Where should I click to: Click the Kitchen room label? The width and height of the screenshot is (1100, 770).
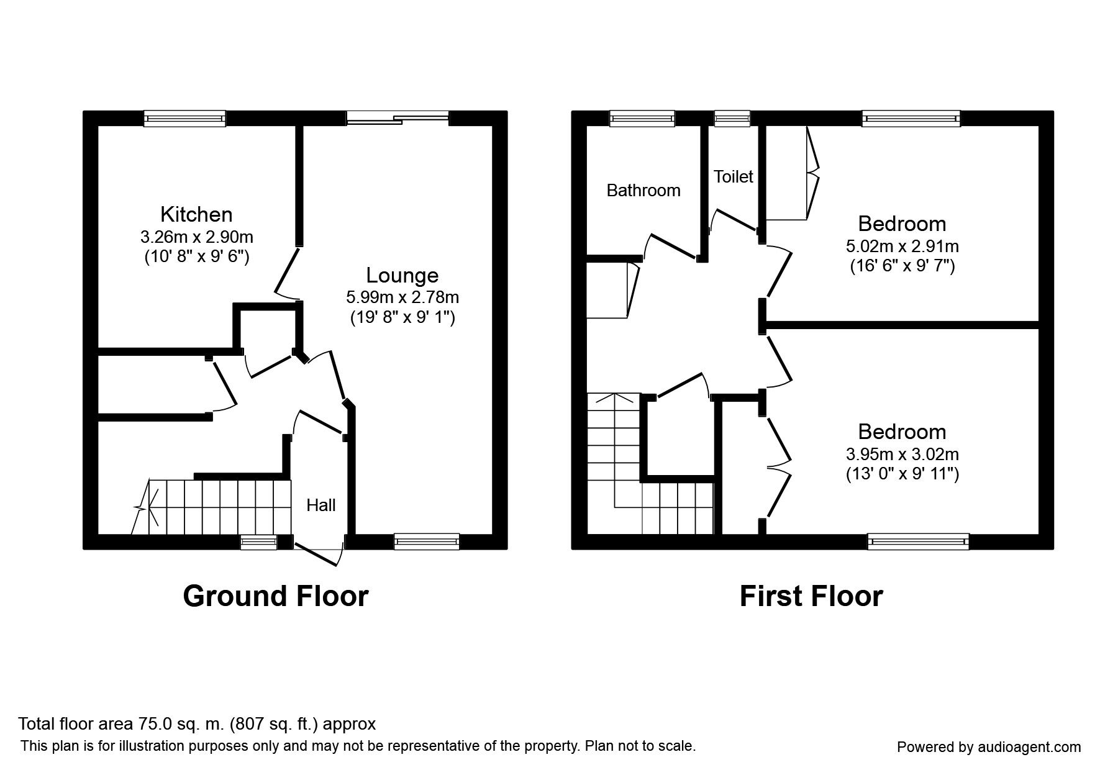(x=196, y=214)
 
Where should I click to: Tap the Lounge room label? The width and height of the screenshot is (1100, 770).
(x=402, y=275)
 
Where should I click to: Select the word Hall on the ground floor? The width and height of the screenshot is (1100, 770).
(x=321, y=505)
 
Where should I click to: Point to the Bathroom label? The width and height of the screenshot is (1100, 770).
(x=643, y=190)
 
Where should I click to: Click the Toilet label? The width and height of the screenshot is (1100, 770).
(x=733, y=176)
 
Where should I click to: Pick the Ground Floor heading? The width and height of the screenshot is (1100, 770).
(x=276, y=596)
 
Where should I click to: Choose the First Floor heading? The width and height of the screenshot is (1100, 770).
(x=811, y=596)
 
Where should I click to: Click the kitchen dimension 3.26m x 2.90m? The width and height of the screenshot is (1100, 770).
(x=197, y=237)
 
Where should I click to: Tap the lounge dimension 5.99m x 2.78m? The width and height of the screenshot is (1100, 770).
(x=402, y=297)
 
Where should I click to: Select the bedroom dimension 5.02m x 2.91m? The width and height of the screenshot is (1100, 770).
(x=902, y=246)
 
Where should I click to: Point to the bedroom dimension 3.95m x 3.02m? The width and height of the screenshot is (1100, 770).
(x=902, y=455)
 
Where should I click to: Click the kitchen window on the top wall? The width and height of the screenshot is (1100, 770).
(x=184, y=119)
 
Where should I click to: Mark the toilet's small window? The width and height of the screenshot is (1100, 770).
(x=732, y=119)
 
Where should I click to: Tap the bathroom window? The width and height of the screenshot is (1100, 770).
(x=642, y=119)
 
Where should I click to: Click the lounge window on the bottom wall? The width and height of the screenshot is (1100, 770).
(x=427, y=541)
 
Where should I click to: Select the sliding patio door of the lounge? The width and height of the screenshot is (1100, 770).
(x=398, y=118)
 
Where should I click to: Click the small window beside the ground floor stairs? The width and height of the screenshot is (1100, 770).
(x=259, y=542)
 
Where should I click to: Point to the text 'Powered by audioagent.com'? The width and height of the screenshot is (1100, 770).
(x=989, y=748)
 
